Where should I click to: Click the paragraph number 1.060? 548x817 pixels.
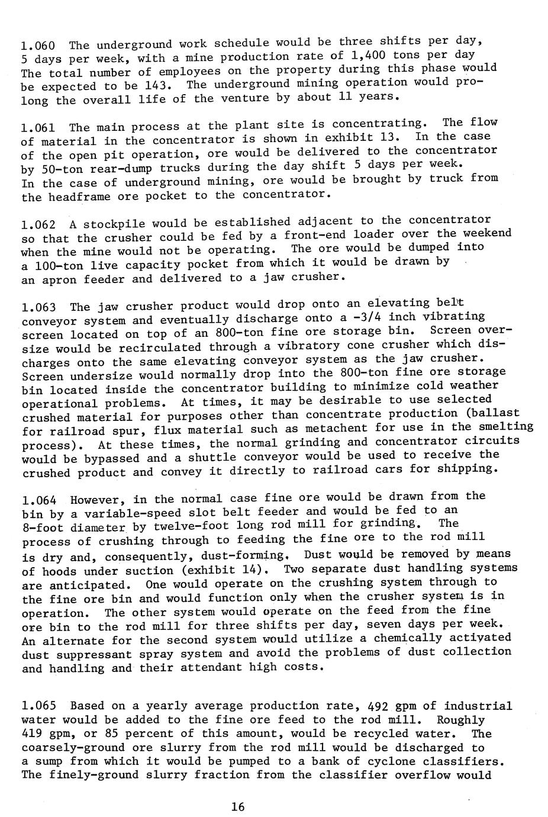point(38,46)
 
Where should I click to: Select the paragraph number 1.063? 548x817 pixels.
point(38,307)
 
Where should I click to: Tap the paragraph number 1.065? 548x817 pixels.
point(38,706)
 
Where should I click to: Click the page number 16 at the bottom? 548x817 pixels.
point(238,806)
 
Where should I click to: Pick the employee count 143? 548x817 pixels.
point(159,85)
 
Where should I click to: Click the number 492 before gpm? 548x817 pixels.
point(378,706)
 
